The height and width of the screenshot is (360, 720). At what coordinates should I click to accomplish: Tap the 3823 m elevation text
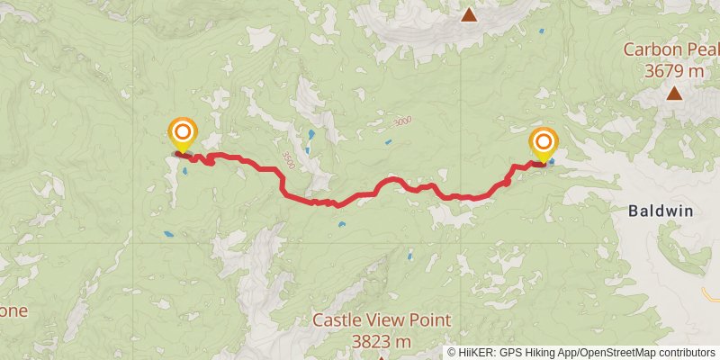pyautogui.click(x=382, y=341)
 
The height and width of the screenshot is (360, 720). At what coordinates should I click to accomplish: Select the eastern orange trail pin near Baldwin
pyautogui.click(x=544, y=144)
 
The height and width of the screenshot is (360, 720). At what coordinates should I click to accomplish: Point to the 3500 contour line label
pyautogui.click(x=287, y=160)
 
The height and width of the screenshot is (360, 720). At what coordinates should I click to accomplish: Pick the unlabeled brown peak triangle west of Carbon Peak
pyautogui.click(x=469, y=14)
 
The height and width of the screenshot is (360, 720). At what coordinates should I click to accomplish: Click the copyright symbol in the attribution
pyautogui.click(x=452, y=352)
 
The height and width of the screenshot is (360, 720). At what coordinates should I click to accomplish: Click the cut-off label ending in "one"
pyautogui.click(x=13, y=311)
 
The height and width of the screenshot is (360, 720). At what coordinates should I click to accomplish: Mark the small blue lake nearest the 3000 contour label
pyautogui.click(x=388, y=142)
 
